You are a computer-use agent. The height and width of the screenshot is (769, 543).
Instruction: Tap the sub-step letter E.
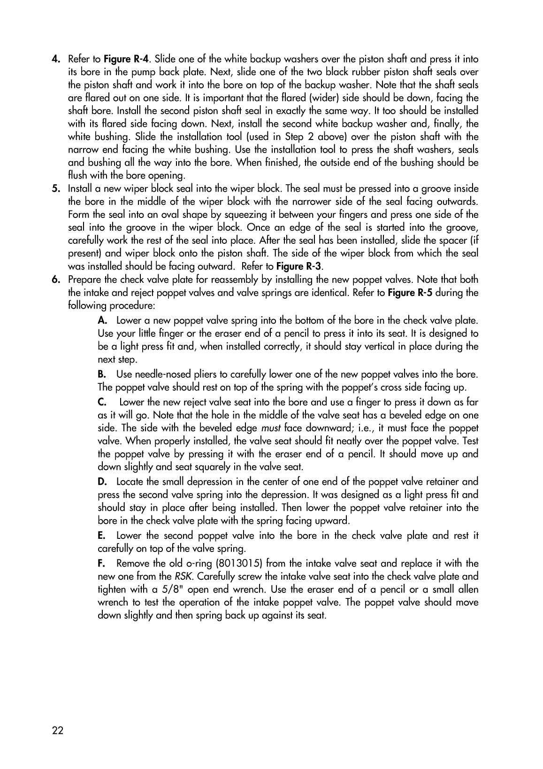[x=102, y=536]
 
